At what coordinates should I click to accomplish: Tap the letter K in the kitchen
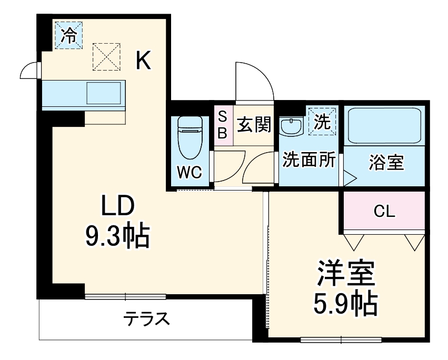coord(143,61)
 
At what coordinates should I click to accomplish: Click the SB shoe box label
coord(223,125)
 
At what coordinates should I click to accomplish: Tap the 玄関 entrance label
coord(254,125)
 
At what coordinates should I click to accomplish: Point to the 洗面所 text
coord(309,161)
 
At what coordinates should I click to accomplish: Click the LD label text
coord(118,206)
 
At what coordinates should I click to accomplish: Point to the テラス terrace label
coord(146,319)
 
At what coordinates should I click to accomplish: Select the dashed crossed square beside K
coord(106,56)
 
